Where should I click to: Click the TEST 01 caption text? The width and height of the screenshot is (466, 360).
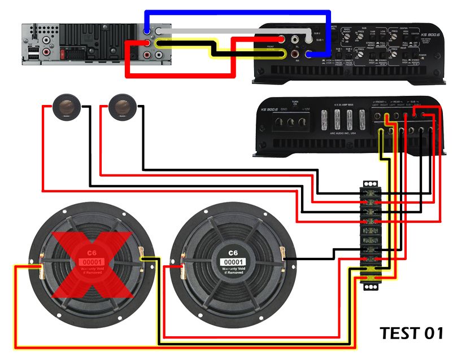(x=411, y=333)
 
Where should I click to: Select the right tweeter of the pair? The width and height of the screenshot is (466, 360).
(x=123, y=106)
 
